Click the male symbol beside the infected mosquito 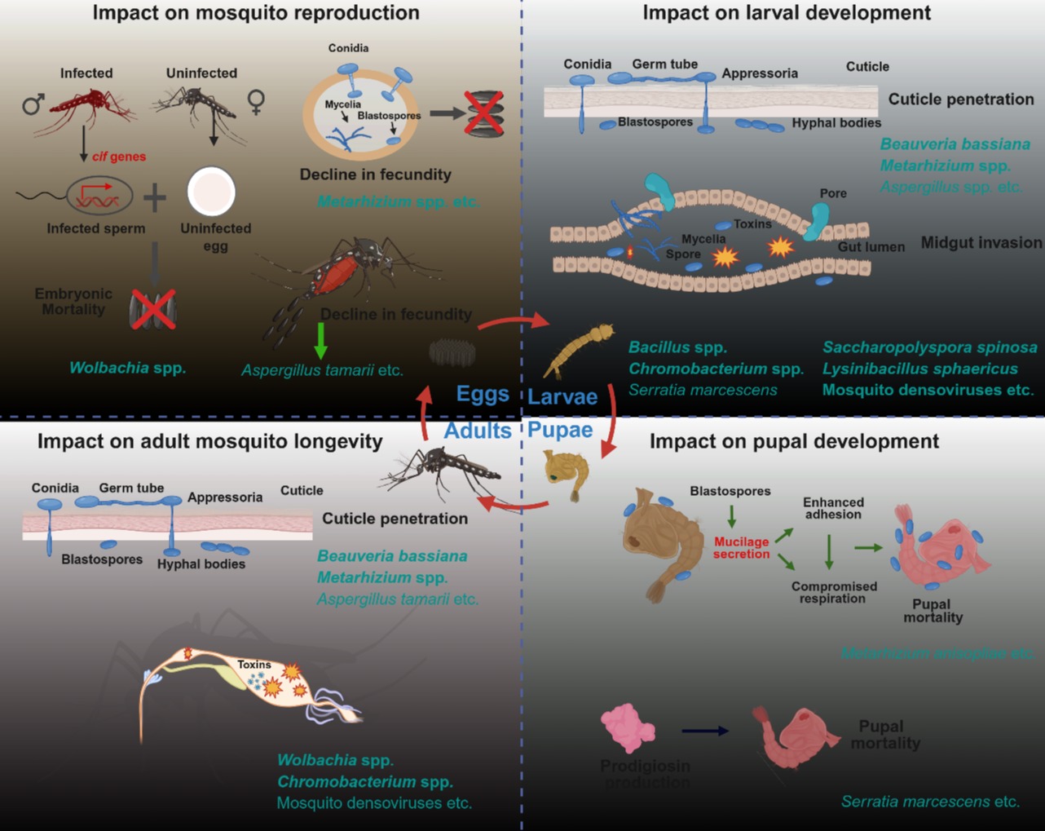point(33,104)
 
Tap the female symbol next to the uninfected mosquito point(256,102)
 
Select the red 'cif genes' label point(119,157)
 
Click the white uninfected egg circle point(211,192)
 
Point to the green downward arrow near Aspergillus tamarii point(321,340)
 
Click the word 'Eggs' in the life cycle point(482,395)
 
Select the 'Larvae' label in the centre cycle point(562,397)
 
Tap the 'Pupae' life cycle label point(560,430)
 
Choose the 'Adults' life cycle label point(478,431)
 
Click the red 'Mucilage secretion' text point(741,547)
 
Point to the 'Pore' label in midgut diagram point(833,193)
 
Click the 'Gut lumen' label point(871,246)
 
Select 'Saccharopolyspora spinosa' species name point(929,347)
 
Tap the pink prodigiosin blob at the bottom point(628,728)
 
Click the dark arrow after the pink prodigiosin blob point(705,731)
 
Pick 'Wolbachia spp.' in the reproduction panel point(127,368)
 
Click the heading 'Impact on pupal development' point(794,441)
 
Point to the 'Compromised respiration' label point(834,592)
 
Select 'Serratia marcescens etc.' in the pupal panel point(930,802)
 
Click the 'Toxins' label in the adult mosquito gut point(254,665)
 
